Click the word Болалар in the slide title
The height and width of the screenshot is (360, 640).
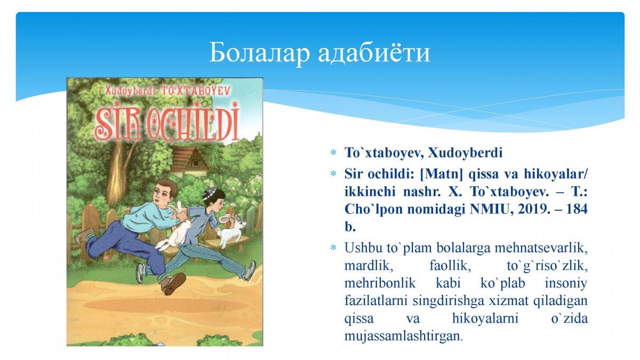tap(259, 53)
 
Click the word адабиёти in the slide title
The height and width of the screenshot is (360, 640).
tap(374, 53)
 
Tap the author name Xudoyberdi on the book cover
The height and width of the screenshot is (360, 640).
tap(131, 91)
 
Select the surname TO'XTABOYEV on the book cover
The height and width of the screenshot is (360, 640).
tap(195, 91)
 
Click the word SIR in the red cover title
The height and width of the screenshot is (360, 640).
tap(118, 123)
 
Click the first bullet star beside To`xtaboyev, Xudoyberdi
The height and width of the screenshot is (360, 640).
tap(333, 153)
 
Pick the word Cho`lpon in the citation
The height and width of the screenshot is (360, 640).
tap(373, 210)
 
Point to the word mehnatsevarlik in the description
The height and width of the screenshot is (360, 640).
tap(541, 247)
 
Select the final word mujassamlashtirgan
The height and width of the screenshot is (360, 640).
tap(403, 336)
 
